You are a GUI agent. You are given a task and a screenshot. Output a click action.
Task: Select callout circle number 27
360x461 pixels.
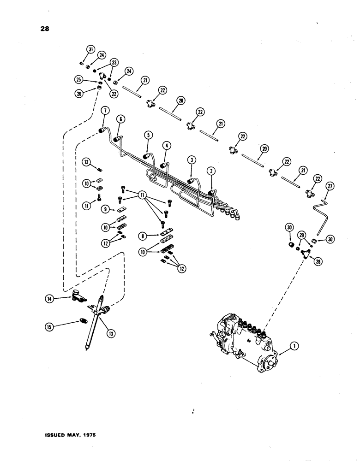click(330, 186)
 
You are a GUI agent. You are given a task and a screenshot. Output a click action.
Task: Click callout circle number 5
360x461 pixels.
click(148, 136)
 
